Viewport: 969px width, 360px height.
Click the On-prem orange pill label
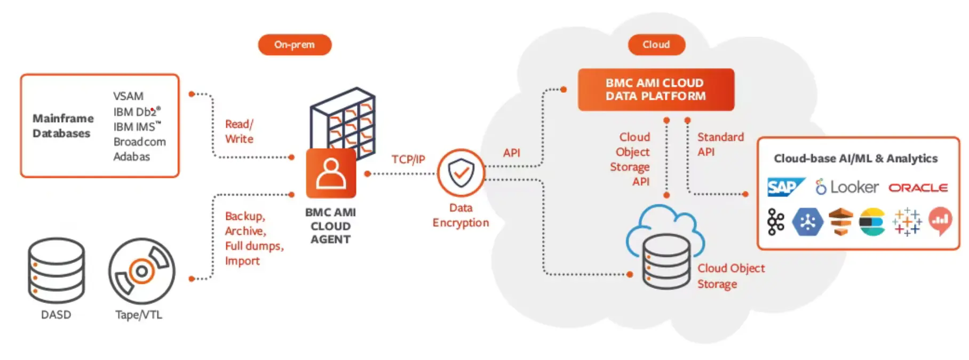(295, 45)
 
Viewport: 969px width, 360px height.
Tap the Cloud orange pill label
(656, 45)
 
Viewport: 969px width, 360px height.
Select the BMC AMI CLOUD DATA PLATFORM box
(656, 90)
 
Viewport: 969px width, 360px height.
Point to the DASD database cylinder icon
(57, 271)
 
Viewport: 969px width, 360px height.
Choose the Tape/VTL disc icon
(141, 271)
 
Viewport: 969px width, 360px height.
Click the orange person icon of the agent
(331, 173)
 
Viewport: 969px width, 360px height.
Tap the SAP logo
(785, 187)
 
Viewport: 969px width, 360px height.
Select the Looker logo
(847, 187)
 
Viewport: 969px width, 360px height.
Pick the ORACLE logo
(918, 188)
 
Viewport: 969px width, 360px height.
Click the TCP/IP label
(408, 159)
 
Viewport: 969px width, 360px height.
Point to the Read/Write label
(239, 131)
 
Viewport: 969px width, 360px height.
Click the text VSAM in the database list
(128, 97)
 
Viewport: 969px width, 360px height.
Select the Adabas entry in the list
(131, 157)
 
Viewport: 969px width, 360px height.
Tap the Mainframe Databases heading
(63, 126)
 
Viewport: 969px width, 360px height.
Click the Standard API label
(720, 144)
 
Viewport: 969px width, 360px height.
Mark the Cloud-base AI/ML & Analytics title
(855, 158)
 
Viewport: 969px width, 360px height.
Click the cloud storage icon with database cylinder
(665, 247)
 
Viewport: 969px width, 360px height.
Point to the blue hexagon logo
(807, 222)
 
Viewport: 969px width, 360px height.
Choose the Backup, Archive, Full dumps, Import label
(253, 238)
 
